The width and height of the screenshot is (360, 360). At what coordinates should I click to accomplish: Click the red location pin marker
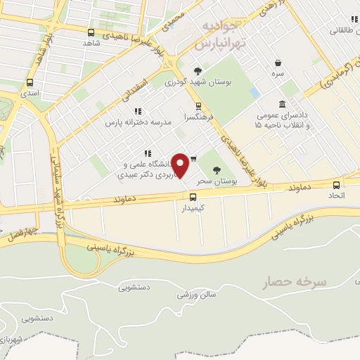[181, 165]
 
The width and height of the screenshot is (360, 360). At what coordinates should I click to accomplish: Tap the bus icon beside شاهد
[91, 32]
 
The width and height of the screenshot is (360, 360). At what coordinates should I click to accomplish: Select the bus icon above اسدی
[29, 82]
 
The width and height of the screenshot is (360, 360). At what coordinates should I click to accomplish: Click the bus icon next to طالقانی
[338, 20]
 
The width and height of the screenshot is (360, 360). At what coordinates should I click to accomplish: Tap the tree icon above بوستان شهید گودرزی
[198, 70]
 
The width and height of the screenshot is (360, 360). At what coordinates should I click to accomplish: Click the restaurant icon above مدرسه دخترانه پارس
[138, 111]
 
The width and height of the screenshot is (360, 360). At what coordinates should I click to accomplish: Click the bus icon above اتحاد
[336, 185]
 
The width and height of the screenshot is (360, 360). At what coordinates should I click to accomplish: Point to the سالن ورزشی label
[194, 294]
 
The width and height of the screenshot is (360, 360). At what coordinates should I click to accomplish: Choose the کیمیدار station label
[192, 208]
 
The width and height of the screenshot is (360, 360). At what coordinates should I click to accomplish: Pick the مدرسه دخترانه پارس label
[130, 122]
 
